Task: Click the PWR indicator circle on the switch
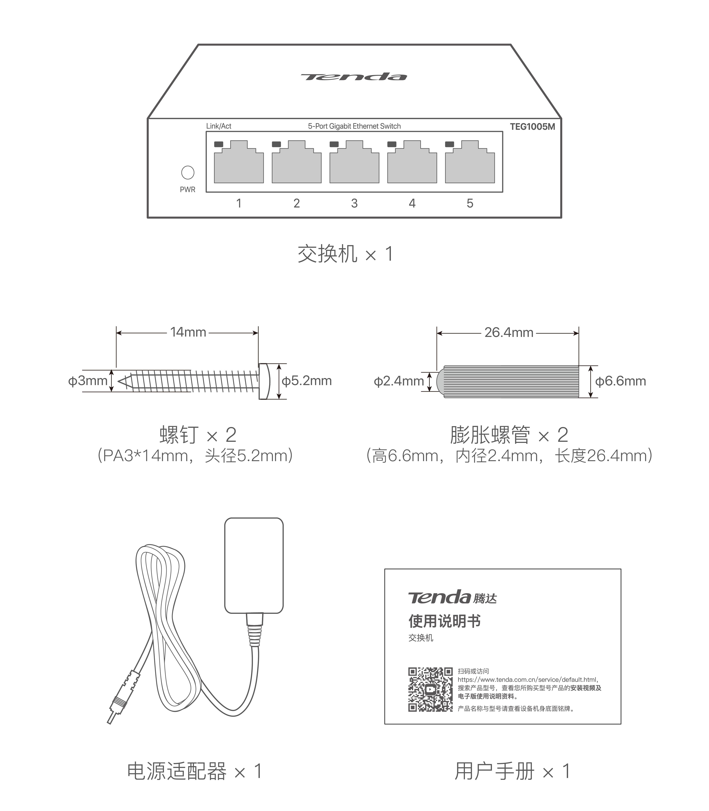188,173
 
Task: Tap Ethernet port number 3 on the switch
354,164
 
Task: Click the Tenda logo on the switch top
353,77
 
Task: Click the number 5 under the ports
470,203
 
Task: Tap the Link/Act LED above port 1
218,144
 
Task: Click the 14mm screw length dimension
188,332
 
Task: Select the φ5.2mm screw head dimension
307,381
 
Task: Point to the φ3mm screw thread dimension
88,381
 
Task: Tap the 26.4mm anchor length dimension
509,333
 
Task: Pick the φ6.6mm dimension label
620,381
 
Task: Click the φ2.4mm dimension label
399,381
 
